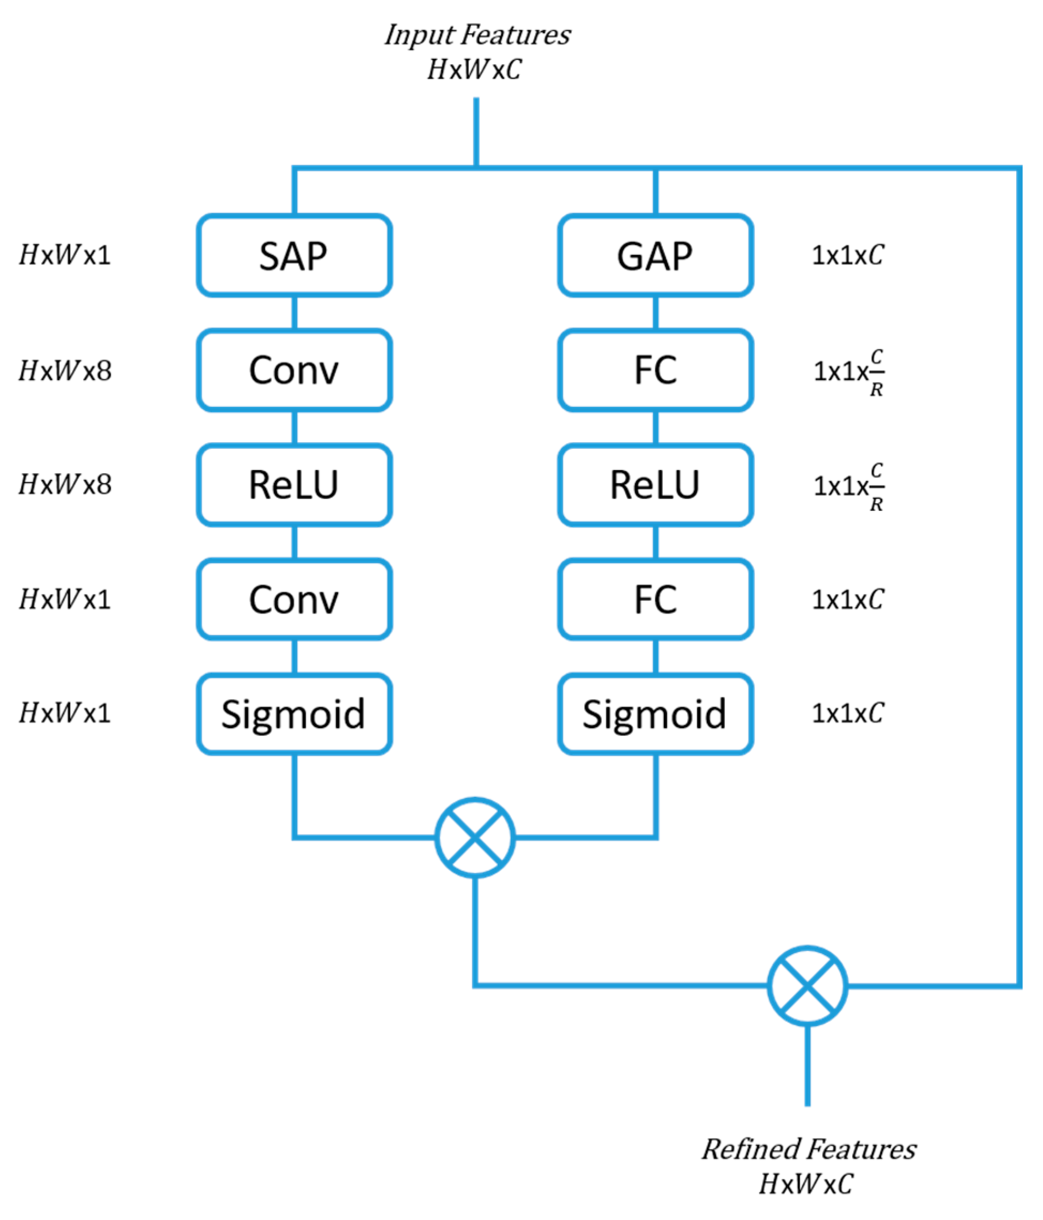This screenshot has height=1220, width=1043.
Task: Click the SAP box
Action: pos(293,255)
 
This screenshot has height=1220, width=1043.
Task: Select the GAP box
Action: pos(655,255)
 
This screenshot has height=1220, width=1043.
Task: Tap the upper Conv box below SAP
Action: pos(293,370)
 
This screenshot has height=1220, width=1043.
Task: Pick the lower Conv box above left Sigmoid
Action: pos(293,599)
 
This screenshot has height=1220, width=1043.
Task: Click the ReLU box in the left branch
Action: pos(293,485)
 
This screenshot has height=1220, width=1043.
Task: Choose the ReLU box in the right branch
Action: pos(655,485)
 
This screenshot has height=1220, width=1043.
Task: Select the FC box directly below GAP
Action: pos(655,370)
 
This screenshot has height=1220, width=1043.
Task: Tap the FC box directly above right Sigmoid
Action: pos(655,599)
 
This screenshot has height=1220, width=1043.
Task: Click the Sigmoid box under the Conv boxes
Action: pos(293,713)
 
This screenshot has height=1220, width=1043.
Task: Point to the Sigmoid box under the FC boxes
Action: pos(655,713)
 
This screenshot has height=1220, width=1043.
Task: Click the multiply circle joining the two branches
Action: pos(475,837)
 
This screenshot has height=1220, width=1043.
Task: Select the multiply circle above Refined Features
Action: pos(807,986)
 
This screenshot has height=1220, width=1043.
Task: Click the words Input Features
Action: pos(477,34)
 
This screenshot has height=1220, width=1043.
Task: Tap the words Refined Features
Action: pos(808,1149)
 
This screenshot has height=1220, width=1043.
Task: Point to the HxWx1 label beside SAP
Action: pos(65,255)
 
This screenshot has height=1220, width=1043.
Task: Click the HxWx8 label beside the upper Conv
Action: pos(65,370)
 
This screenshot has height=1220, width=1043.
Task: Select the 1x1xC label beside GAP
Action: pos(848,255)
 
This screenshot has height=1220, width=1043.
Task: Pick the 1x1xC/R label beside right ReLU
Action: pos(849,487)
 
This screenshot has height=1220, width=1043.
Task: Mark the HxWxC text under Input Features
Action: pos(474,70)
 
